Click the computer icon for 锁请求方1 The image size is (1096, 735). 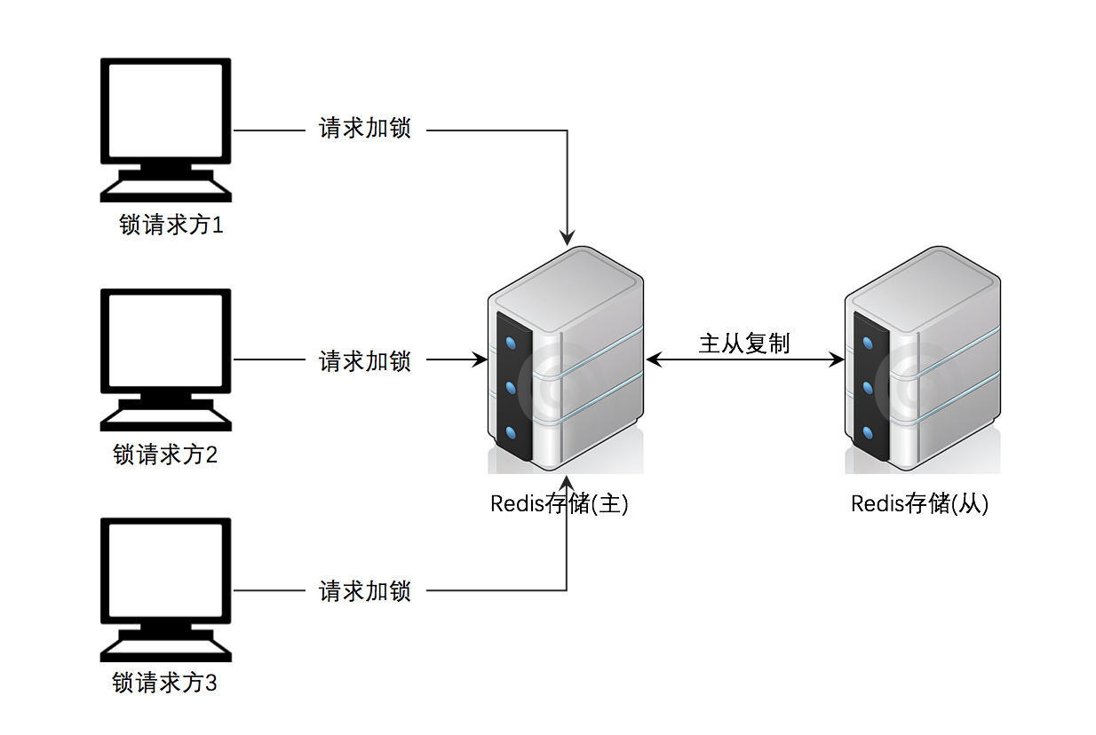[x=166, y=130]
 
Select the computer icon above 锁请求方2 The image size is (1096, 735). [x=166, y=360]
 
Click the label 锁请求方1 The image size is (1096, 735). [x=171, y=225]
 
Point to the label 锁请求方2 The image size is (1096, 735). [x=166, y=455]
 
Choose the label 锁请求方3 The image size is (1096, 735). [x=165, y=684]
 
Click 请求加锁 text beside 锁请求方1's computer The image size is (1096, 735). [x=365, y=130]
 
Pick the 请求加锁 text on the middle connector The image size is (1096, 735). [x=365, y=360]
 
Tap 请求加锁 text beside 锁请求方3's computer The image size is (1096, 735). [x=365, y=590]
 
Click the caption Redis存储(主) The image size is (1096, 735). [x=560, y=504]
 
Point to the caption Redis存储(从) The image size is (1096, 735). [x=919, y=504]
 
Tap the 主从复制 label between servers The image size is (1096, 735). [x=743, y=344]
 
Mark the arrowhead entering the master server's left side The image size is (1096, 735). [x=480, y=360]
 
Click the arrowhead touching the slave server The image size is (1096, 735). [x=837, y=360]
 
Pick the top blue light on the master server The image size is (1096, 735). [x=511, y=343]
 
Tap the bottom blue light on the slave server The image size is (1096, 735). [x=868, y=433]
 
